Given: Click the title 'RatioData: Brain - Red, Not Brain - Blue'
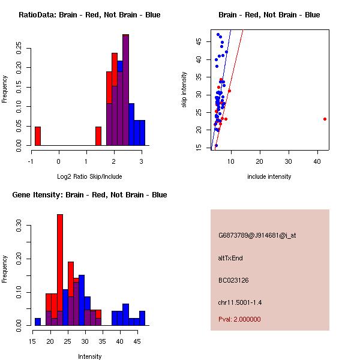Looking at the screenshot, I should tap(89, 15).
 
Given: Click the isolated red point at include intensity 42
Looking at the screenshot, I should tap(325, 119).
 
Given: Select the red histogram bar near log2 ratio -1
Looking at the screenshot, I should tap(37, 136).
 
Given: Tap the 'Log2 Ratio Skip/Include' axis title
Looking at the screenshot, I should tap(89, 176).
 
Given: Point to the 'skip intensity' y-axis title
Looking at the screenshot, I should tap(184, 90).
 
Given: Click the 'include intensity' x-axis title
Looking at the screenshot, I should tap(269, 176).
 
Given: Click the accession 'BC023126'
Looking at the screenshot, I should tap(234, 280).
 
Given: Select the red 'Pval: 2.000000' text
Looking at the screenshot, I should tap(239, 319).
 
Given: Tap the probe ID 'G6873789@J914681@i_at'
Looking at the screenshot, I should tap(257, 235).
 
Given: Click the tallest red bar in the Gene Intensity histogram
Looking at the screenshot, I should tap(60, 270).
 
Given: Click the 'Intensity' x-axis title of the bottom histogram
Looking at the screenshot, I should tap(89, 356).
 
